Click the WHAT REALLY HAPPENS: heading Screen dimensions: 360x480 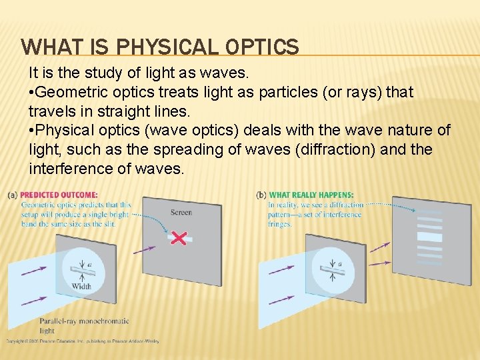pos(311,195)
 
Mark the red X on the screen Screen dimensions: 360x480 pos(179,237)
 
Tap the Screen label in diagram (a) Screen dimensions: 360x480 pos(181,213)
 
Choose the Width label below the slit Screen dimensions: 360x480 pos(81,287)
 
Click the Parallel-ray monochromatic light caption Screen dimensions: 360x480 pos(83,325)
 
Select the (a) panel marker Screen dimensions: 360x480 pos(13,195)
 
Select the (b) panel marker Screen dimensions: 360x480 pos(261,195)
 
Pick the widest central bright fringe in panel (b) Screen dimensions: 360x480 pos(429,236)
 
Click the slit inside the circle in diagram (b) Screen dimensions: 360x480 pos(329,269)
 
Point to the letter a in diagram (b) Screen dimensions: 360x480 pos(340,264)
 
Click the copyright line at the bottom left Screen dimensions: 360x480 pos(82,341)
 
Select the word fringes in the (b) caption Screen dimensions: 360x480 pos(280,225)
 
